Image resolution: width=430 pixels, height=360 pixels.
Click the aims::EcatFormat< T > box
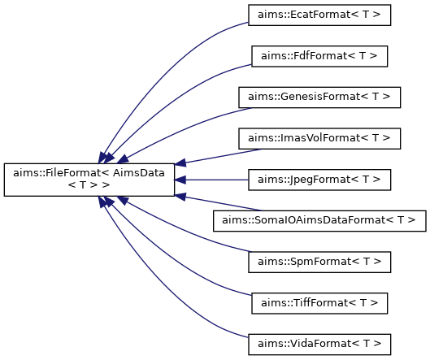tap(319, 15)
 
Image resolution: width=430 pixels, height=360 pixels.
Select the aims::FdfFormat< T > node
tap(319, 56)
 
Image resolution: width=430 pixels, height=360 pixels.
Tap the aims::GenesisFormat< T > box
tap(319, 98)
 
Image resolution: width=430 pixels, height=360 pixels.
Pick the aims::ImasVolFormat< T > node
tap(319, 138)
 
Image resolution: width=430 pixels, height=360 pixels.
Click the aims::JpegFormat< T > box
tap(319, 180)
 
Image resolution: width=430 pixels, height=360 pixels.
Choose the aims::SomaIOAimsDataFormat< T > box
tap(319, 221)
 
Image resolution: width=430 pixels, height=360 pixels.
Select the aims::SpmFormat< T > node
tap(319, 262)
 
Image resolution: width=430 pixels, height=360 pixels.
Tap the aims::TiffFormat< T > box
tap(319, 303)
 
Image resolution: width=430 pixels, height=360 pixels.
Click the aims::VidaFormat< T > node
tap(319, 345)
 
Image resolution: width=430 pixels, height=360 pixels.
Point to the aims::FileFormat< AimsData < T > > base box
tap(89, 180)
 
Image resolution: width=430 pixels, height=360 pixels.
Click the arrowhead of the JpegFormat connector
tap(180, 180)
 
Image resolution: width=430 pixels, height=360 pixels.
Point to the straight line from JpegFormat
tap(217, 180)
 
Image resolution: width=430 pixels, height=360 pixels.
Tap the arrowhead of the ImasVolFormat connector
tap(180, 163)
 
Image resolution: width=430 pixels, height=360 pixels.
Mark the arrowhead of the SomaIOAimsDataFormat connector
tap(180, 197)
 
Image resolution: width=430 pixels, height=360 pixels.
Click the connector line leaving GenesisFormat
tap(186, 129)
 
